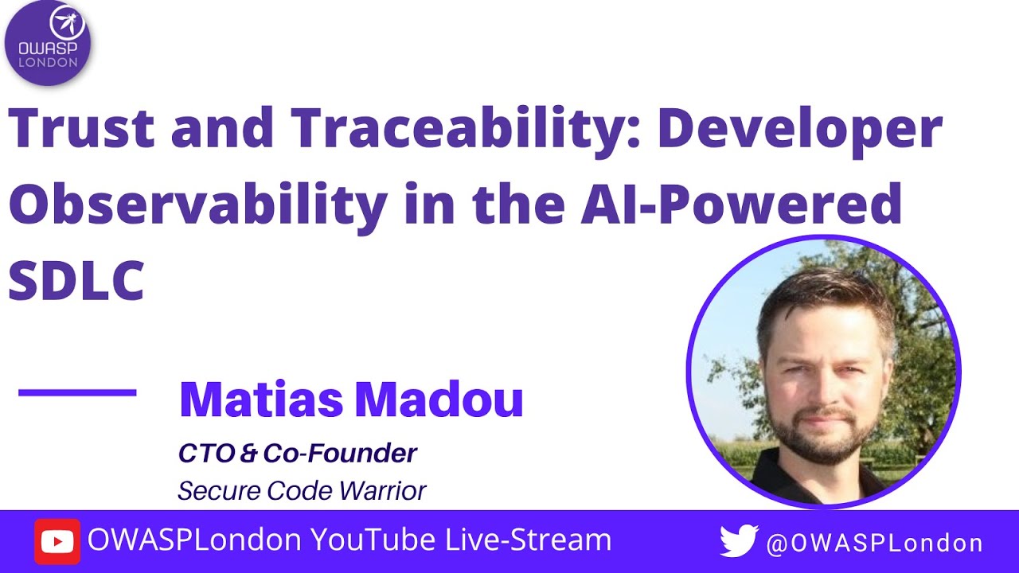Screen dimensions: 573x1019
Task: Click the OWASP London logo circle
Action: tap(48, 43)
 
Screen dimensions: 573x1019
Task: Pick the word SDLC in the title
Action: tap(76, 279)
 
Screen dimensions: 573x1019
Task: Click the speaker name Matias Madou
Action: tap(351, 400)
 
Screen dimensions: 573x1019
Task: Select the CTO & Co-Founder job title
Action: tap(297, 453)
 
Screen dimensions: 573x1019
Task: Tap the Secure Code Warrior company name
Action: tap(302, 490)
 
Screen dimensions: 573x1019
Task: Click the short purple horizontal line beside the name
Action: tap(77, 392)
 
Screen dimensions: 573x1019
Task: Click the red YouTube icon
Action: tap(57, 542)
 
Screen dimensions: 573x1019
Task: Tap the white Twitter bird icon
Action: tap(738, 542)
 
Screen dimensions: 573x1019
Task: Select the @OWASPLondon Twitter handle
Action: tap(874, 544)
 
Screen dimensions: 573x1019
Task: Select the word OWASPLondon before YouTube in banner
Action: tap(194, 540)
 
